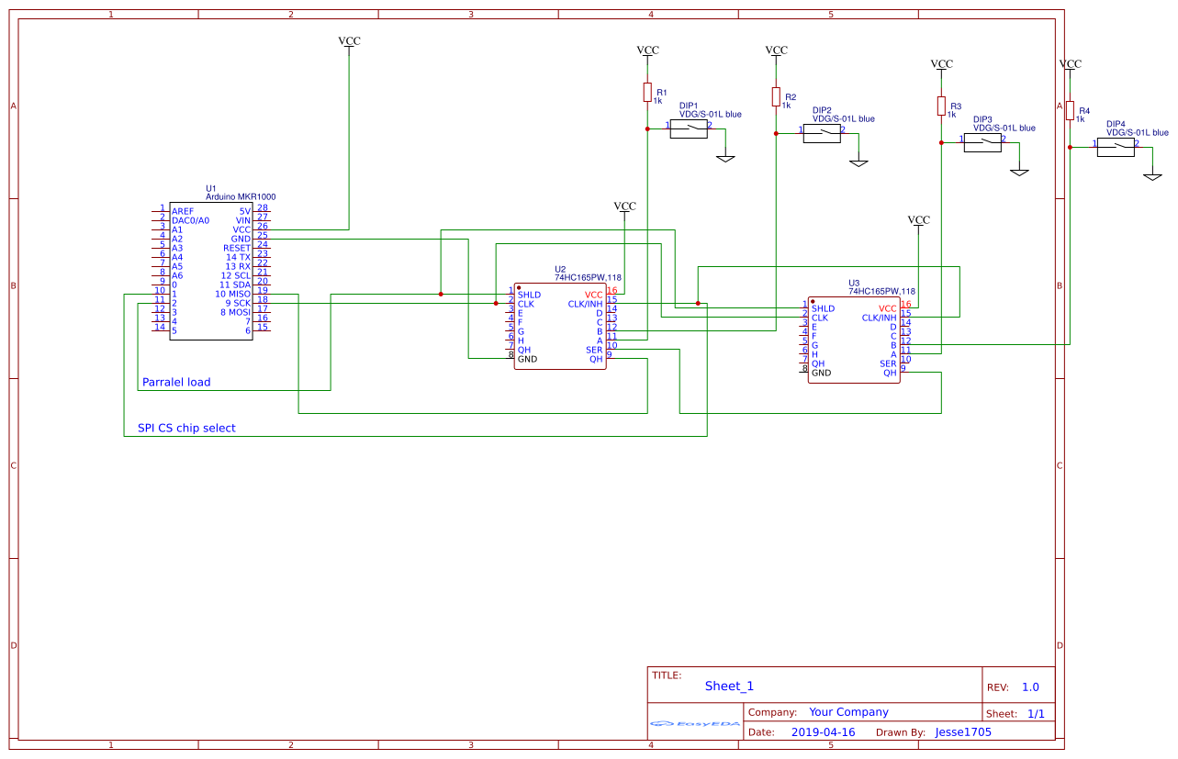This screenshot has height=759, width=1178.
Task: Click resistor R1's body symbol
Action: [x=647, y=92]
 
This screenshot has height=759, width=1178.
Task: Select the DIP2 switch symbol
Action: [x=822, y=134]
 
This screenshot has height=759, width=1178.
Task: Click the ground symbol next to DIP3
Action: [x=1019, y=172]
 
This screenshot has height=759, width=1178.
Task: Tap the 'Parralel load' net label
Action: [x=176, y=382]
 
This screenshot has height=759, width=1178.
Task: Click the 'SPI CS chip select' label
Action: [x=186, y=428]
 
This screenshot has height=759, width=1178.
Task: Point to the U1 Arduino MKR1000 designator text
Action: [x=241, y=196]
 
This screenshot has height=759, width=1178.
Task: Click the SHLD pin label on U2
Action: [x=529, y=295]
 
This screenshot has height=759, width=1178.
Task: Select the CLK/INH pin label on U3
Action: [x=879, y=318]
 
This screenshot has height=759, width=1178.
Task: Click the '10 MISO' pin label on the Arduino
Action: [x=232, y=294]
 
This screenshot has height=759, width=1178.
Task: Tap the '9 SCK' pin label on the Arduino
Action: [x=237, y=303]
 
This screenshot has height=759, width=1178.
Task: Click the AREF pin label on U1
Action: [x=183, y=211]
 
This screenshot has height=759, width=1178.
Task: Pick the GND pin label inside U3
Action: [x=821, y=373]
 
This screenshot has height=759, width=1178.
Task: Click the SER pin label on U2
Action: [x=594, y=350]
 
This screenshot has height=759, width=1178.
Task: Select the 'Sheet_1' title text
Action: [x=729, y=686]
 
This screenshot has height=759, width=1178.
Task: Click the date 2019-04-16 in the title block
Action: [x=823, y=732]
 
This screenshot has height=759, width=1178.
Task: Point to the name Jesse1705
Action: [x=963, y=732]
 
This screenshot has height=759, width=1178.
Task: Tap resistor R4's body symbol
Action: [x=1070, y=110]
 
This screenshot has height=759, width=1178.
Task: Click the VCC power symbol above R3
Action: [x=941, y=65]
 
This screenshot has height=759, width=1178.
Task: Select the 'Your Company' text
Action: [x=848, y=712]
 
